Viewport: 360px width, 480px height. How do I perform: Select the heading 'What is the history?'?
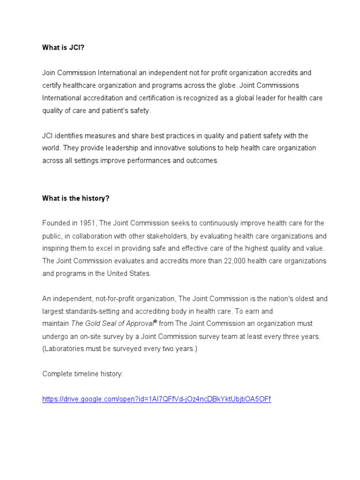click(75, 198)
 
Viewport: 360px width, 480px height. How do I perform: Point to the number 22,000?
click(234, 261)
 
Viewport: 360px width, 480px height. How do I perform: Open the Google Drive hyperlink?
click(157, 399)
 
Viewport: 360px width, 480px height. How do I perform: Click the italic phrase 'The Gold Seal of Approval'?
click(111, 323)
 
